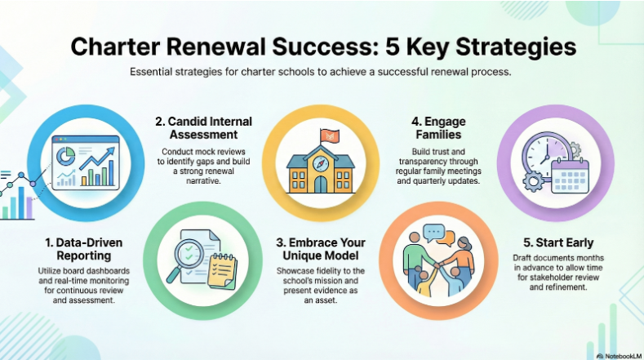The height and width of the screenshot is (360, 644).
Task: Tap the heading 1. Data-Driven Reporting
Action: [x=80, y=249]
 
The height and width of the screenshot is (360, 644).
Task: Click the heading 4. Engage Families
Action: [x=439, y=129]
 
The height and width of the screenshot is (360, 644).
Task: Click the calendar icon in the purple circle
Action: [x=570, y=175]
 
